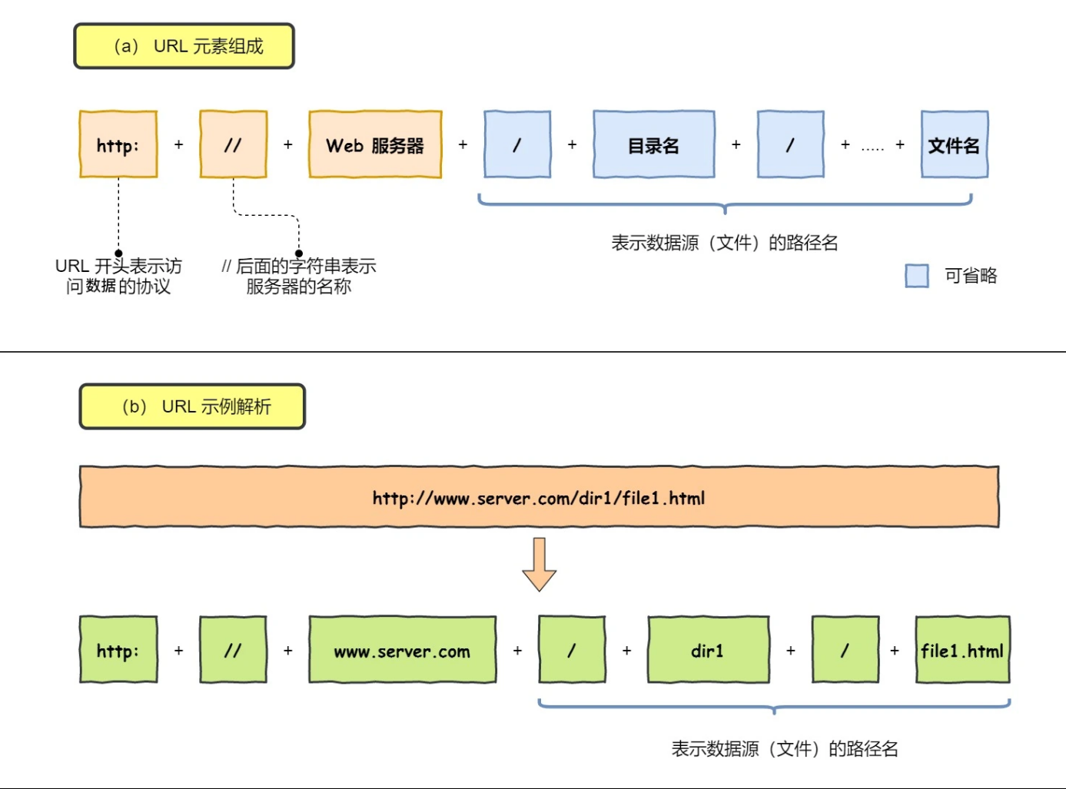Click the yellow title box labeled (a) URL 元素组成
click(184, 46)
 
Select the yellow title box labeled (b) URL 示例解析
click(192, 406)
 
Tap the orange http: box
click(118, 144)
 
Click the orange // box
click(233, 144)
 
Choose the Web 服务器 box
click(375, 144)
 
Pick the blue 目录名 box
click(653, 144)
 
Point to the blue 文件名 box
click(954, 144)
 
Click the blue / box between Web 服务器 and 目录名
click(516, 144)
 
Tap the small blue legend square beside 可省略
click(916, 276)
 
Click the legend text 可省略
click(970, 276)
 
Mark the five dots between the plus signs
click(872, 147)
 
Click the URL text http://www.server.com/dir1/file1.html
click(538, 498)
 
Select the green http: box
click(118, 650)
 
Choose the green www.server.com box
click(402, 650)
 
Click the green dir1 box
click(708, 650)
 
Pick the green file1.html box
click(962, 650)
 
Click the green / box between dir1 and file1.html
click(845, 650)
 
